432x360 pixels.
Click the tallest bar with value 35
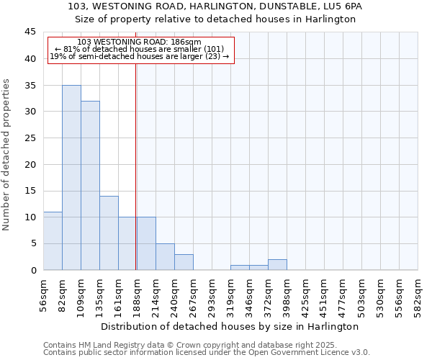pyautogui.click(x=71, y=178)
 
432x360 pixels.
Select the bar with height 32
pyautogui.click(x=90, y=186)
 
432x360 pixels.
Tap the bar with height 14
pyautogui.click(x=109, y=233)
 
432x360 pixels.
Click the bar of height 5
pyautogui.click(x=165, y=257)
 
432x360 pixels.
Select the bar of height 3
pyautogui.click(x=184, y=262)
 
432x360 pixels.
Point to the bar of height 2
pyautogui.click(x=277, y=265)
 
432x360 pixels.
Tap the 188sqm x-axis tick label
pyautogui.click(x=136, y=294)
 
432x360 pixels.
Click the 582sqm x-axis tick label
pyautogui.click(x=417, y=294)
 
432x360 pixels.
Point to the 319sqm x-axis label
pyautogui.click(x=230, y=294)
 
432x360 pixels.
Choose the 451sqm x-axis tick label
pyautogui.click(x=323, y=294)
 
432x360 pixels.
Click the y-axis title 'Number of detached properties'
pyautogui.click(x=7, y=155)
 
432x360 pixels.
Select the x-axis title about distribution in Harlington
pyautogui.click(x=230, y=327)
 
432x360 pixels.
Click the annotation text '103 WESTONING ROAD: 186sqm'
pyautogui.click(x=139, y=42)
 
